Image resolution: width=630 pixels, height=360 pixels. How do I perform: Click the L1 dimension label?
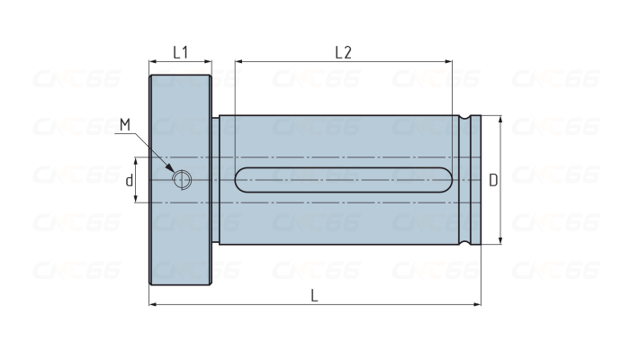click(x=180, y=52)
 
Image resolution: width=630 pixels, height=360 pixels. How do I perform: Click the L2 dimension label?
click(x=344, y=52)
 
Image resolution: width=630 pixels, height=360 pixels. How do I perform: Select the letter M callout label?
click(x=125, y=124)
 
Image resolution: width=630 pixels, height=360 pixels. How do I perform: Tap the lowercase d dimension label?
click(x=129, y=181)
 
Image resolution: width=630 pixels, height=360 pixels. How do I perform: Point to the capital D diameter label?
click(x=493, y=180)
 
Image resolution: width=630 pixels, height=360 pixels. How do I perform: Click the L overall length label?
click(x=315, y=296)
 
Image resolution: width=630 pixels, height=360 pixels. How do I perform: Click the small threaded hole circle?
click(x=182, y=180)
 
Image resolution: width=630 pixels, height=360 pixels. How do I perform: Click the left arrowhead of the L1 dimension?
click(x=152, y=62)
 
